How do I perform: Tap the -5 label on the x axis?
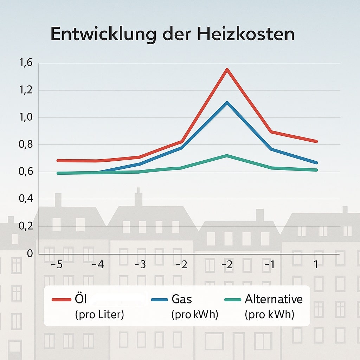tap(57, 264)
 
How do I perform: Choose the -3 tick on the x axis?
tap(140, 264)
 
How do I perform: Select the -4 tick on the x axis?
tap(98, 264)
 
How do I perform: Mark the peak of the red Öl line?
tap(227, 69)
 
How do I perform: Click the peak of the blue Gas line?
tap(227, 103)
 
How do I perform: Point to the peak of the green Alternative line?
tap(227, 155)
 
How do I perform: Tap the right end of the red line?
tap(316, 141)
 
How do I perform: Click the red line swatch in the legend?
tap(62, 300)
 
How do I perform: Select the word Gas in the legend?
tap(182, 299)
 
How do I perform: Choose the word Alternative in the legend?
tap(274, 299)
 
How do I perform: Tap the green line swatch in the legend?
tap(232, 300)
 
